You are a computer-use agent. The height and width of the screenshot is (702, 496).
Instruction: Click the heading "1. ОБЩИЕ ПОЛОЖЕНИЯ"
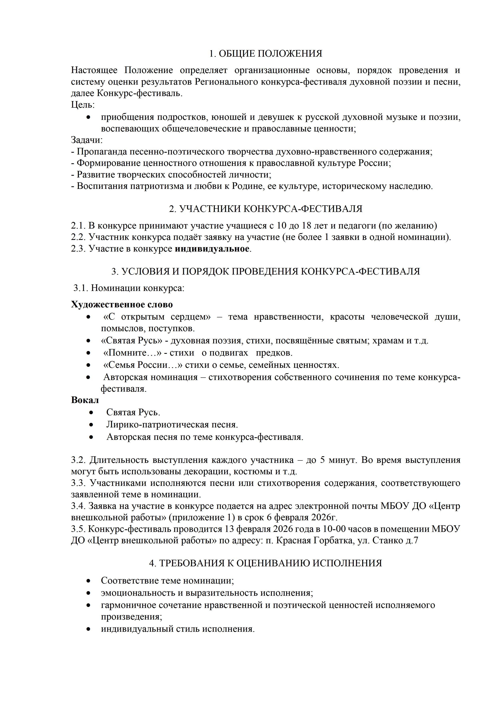(265, 54)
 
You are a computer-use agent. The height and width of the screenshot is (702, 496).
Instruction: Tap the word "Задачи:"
(87, 140)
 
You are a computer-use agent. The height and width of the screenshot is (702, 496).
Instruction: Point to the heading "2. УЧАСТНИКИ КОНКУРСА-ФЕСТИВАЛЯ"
(265, 209)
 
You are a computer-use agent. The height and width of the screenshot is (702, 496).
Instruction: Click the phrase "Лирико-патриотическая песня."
(172, 425)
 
